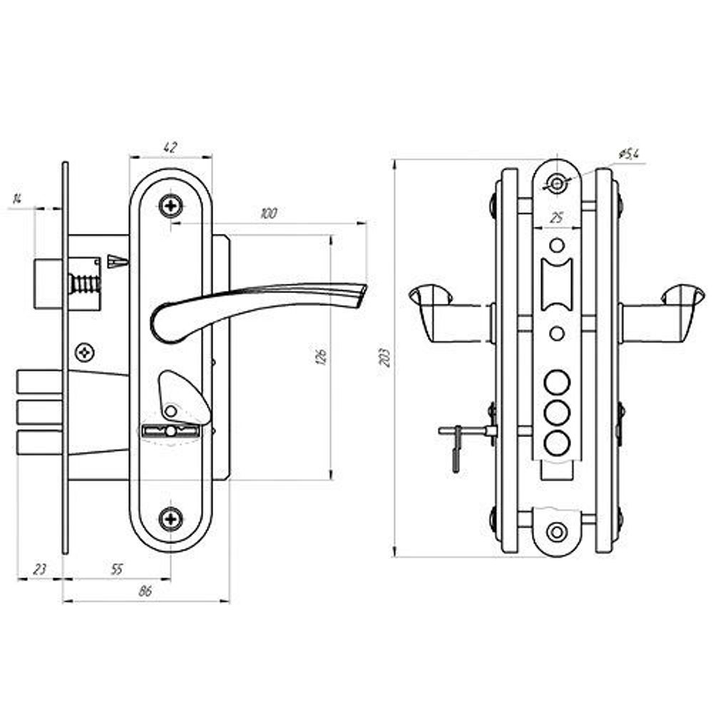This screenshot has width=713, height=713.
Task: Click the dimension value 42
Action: coord(170,148)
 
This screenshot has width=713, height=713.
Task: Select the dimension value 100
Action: coord(269,213)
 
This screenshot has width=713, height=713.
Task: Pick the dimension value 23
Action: coord(39,569)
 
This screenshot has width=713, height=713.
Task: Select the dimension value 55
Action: coord(117,569)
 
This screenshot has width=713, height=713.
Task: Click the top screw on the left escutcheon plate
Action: coord(170,206)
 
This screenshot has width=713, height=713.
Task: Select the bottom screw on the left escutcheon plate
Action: coord(170,518)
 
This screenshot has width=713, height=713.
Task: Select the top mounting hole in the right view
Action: coord(557,184)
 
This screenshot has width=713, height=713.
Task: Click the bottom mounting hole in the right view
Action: coord(557,531)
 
